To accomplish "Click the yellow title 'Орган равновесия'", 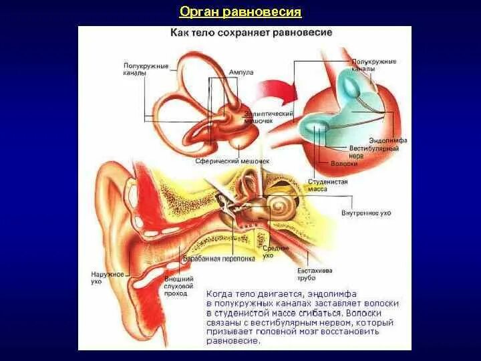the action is pos(241,13).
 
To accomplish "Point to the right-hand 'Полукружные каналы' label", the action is pos(373,65).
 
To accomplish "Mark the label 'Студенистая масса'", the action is pos(326,185).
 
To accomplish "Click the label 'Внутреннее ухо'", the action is pos(365,213).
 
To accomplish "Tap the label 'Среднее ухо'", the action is pos(268,251).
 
